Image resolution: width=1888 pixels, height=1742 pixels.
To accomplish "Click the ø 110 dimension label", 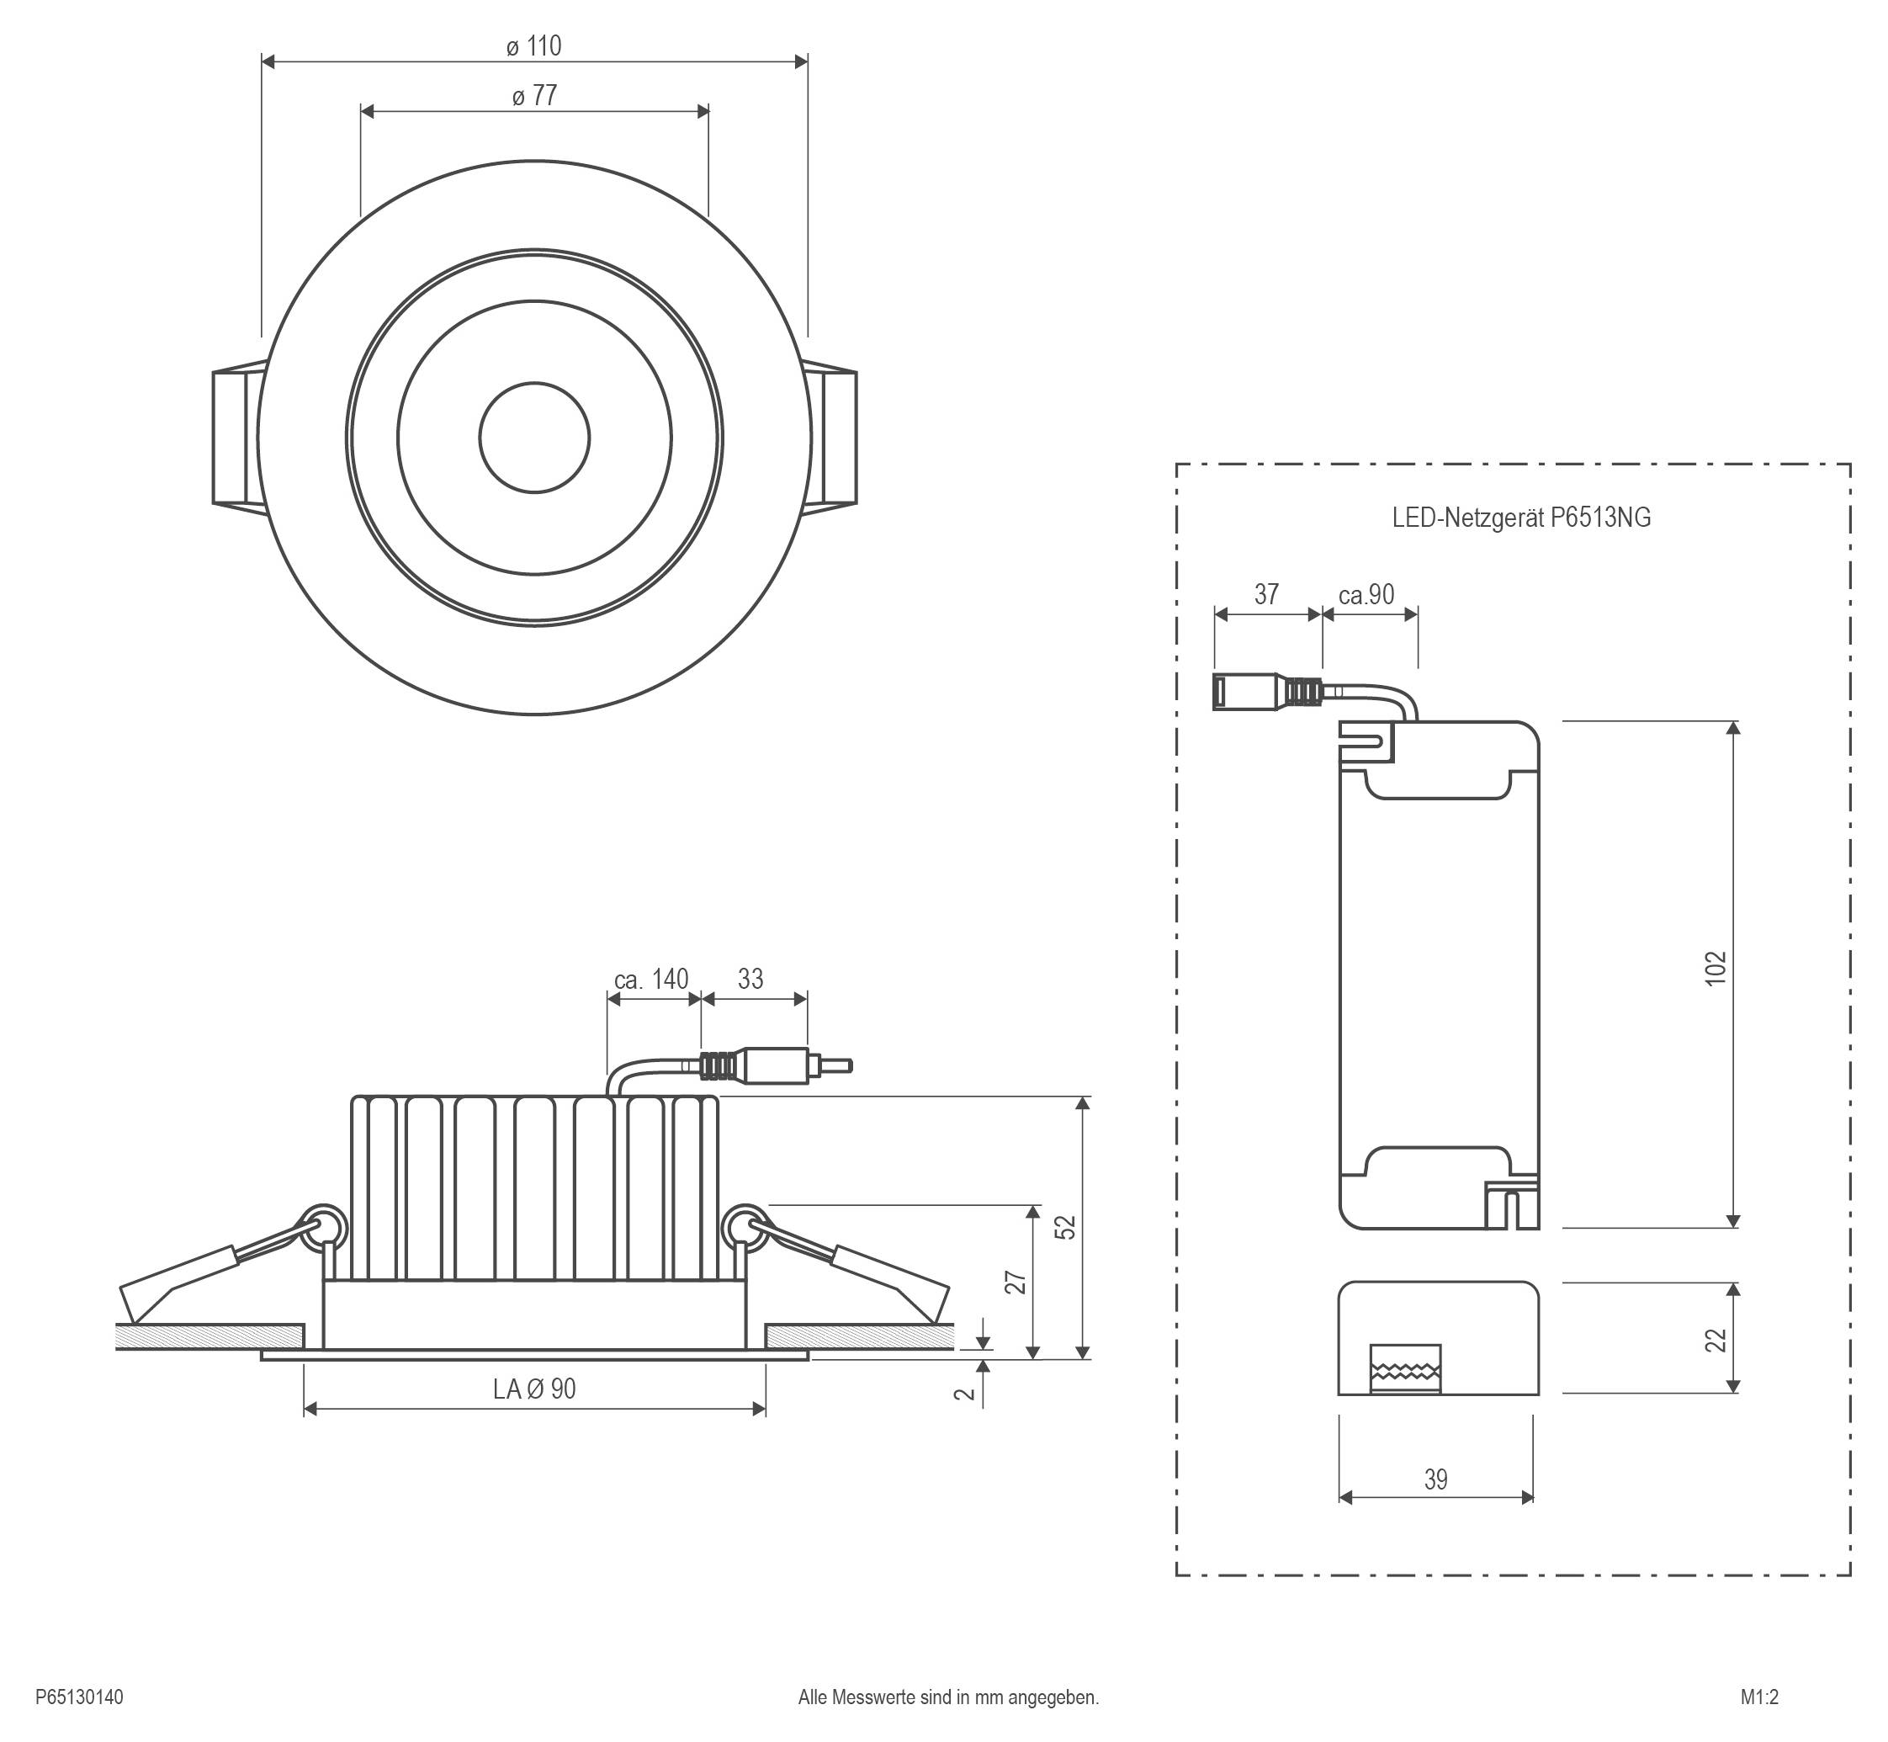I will [x=533, y=46].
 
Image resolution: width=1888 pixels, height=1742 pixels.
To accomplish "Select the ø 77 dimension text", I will [x=534, y=96].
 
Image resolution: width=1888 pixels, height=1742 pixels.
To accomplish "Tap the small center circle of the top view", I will [x=534, y=438].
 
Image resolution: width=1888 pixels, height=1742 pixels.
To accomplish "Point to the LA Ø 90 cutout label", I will [x=533, y=1389].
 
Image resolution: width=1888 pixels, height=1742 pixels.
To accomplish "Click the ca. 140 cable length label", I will [x=651, y=980].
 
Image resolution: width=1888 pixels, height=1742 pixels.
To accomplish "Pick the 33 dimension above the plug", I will [x=750, y=980].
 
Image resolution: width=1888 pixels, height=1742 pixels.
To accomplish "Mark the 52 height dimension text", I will [x=1064, y=1226].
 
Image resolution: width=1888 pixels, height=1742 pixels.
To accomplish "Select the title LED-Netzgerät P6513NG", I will [x=1521, y=518].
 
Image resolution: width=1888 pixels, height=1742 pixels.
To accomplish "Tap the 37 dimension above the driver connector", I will [x=1266, y=595].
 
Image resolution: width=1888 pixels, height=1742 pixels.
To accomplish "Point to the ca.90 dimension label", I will [x=1366, y=595].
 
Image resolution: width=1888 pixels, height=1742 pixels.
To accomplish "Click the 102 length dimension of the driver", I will [x=1716, y=968].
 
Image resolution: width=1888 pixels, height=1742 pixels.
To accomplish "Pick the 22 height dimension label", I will [x=1716, y=1340].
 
